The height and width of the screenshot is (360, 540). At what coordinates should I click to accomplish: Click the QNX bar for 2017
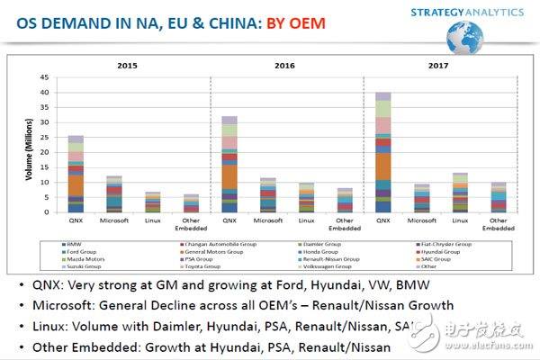coord(382,153)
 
